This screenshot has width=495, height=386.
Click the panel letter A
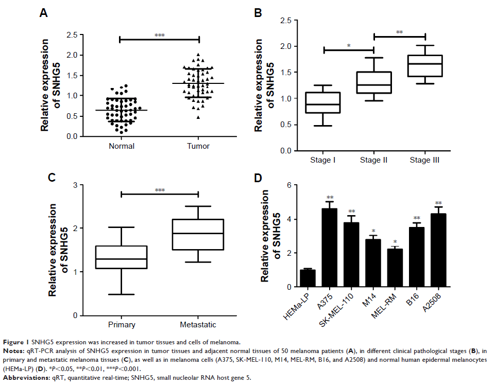44,14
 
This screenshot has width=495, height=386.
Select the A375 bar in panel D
330,248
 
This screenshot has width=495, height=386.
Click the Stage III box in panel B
425,66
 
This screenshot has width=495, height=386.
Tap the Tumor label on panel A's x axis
199,146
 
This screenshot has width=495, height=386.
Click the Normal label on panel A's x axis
122,146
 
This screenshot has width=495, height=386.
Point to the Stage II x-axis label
373,160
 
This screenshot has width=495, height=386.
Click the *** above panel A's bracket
160,36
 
